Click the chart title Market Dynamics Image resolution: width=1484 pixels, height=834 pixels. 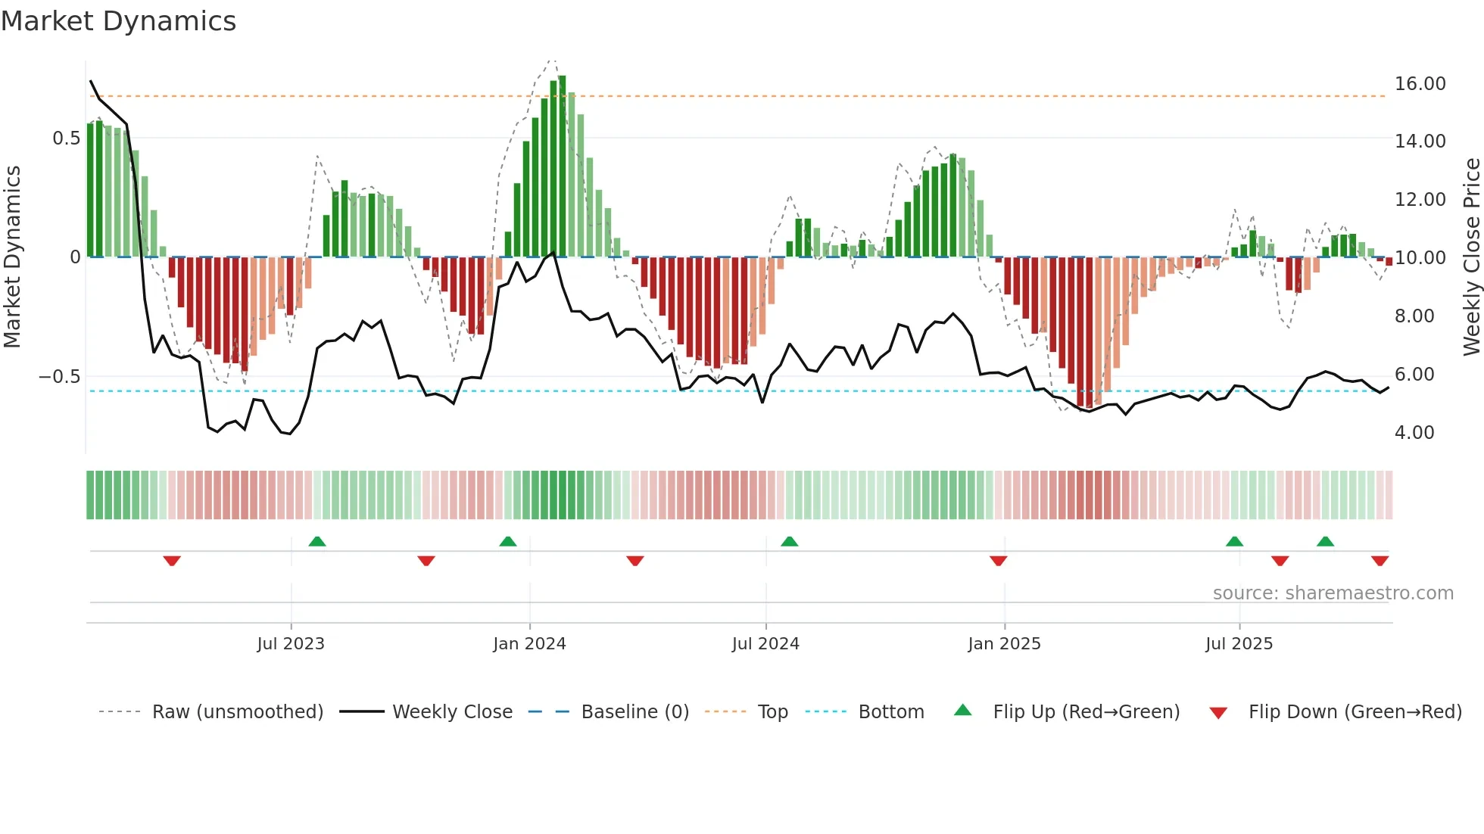point(118,21)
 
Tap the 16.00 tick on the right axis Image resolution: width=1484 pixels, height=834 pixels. point(1420,84)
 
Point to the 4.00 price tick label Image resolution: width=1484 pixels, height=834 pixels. point(1414,433)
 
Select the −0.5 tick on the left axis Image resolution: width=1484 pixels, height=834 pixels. point(59,377)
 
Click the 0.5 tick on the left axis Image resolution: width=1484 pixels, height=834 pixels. point(66,138)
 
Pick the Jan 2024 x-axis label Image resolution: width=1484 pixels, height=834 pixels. point(529,644)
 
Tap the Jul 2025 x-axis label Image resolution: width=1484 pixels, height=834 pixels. point(1239,644)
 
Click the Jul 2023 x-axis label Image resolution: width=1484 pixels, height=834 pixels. point(291,644)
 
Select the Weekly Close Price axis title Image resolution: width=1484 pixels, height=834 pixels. point(1471,257)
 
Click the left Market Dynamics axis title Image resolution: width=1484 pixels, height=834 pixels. point(12,257)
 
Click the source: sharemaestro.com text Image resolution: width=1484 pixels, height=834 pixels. point(1333,593)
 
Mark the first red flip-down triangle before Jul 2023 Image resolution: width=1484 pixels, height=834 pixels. point(172,561)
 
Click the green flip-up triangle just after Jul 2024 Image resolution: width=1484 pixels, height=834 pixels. point(789,541)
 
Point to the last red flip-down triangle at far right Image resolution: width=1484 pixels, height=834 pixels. point(1380,561)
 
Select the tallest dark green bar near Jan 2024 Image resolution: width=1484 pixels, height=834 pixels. point(562,166)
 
